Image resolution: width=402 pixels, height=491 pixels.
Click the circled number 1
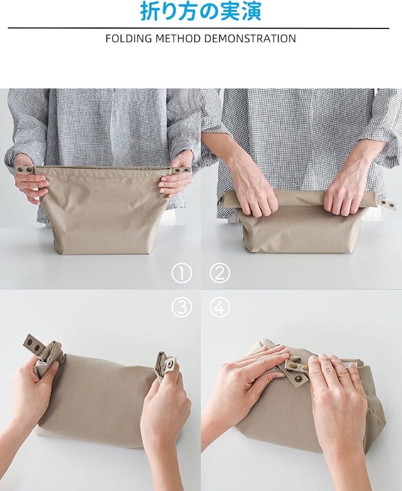pyautogui.click(x=181, y=273)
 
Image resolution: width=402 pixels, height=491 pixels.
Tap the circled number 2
pyautogui.click(x=220, y=273)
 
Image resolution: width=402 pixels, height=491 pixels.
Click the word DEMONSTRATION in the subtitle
pyautogui.click(x=250, y=38)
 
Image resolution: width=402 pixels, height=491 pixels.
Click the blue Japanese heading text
pyautogui.click(x=201, y=11)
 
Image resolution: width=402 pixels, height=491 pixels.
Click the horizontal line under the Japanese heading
pyautogui.click(x=198, y=28)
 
